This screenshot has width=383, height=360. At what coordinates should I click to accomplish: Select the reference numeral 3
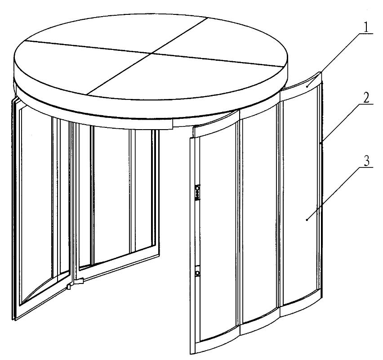(366, 161)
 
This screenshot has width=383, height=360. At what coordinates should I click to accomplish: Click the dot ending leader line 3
(307, 220)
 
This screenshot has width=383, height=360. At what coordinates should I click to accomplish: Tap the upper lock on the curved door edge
(197, 193)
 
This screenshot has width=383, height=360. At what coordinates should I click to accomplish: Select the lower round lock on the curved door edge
(197, 272)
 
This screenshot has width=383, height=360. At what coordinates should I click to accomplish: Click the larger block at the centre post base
(79, 281)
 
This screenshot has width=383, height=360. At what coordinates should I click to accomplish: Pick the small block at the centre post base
(69, 286)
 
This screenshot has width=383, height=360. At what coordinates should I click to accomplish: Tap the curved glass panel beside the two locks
(218, 232)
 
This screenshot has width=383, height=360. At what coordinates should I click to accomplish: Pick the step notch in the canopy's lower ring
(173, 125)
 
